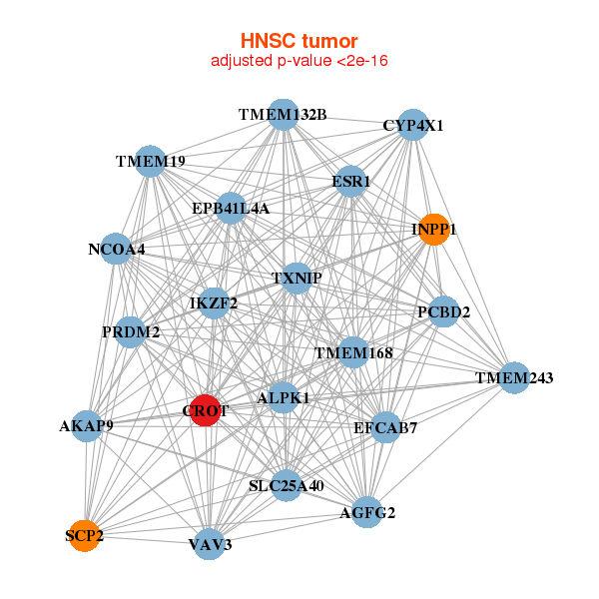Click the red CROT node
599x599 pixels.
206,410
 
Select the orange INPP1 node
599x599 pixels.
434,230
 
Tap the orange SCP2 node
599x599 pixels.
85,535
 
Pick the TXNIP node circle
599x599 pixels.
297,279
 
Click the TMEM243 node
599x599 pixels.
514,377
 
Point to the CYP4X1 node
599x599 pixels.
413,125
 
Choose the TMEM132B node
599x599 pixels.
284,114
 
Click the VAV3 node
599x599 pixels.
210,544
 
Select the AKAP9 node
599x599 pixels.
87,426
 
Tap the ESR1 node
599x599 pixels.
350,181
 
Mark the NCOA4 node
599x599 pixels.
116,249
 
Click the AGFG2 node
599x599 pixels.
367,512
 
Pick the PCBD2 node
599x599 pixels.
443,311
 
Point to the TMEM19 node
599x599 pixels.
151,161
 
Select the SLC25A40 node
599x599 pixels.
286,485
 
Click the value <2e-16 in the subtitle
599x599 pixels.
362,61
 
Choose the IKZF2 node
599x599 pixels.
214,303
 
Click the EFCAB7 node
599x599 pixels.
385,427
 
